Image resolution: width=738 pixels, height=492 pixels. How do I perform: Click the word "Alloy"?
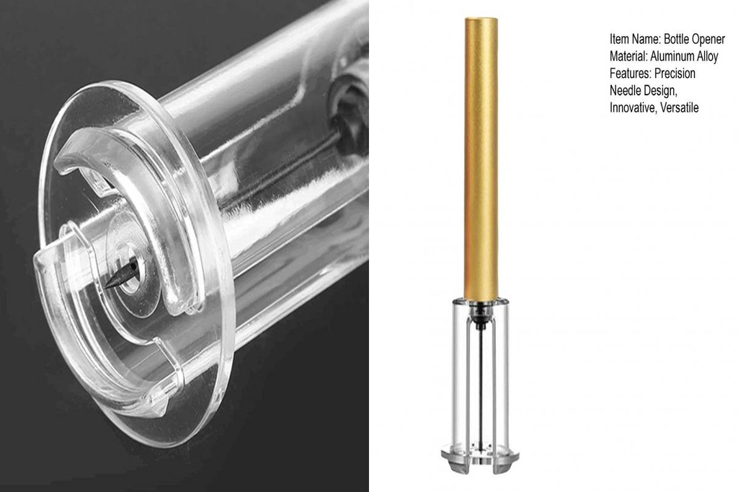[707, 56]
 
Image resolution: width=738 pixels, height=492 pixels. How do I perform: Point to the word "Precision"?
[675, 74]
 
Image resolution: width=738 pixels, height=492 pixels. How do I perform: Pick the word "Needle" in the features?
[626, 91]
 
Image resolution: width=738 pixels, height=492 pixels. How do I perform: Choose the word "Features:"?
[631, 74]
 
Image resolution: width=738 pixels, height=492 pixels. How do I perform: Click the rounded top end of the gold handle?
[481, 22]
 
